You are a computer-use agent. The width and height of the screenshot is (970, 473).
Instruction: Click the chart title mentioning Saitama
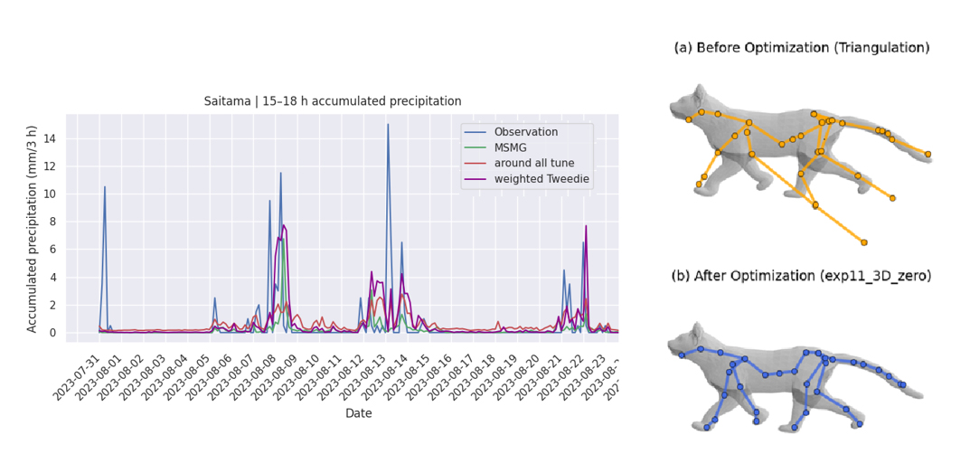pyautogui.click(x=333, y=100)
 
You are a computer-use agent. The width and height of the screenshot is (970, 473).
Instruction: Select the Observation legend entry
pyautogui.click(x=526, y=131)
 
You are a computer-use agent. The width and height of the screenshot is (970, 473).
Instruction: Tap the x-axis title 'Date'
pyautogui.click(x=359, y=413)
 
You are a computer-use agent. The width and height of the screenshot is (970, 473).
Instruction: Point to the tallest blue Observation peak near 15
pyautogui.click(x=388, y=125)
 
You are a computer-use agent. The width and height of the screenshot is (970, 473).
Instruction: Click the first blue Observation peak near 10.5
pyautogui.click(x=105, y=187)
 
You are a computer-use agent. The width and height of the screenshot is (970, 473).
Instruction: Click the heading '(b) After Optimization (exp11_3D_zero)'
pyautogui.click(x=801, y=277)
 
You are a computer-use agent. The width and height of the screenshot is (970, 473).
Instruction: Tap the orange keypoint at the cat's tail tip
pyautogui.click(x=928, y=154)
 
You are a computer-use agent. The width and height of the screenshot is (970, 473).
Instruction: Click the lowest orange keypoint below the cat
pyautogui.click(x=864, y=242)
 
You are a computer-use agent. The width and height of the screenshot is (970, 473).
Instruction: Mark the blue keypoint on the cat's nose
pyautogui.click(x=681, y=355)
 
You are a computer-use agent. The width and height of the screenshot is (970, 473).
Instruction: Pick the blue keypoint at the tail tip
pyautogui.click(x=902, y=384)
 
